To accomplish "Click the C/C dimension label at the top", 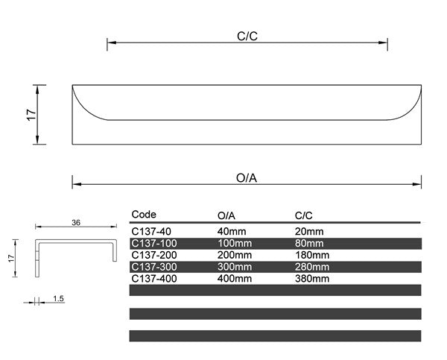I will pyautogui.click(x=247, y=35).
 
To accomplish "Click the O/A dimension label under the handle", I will pyautogui.click(x=247, y=178).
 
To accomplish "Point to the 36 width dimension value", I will pyautogui.click(x=76, y=222).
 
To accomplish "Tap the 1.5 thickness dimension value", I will pyautogui.click(x=59, y=299).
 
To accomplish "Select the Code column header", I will pyautogui.click(x=144, y=215).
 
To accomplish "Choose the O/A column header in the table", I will pyautogui.click(x=226, y=215).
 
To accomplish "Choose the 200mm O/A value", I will pyautogui.click(x=235, y=255).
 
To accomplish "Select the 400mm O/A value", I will pyautogui.click(x=235, y=279).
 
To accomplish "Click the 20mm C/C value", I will pyautogui.click(x=309, y=232).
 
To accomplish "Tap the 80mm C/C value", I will pyautogui.click(x=309, y=243).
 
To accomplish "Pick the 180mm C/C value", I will pyautogui.click(x=312, y=255).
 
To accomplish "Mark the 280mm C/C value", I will pyautogui.click(x=312, y=267).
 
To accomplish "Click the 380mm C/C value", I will pyautogui.click(x=312, y=279).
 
